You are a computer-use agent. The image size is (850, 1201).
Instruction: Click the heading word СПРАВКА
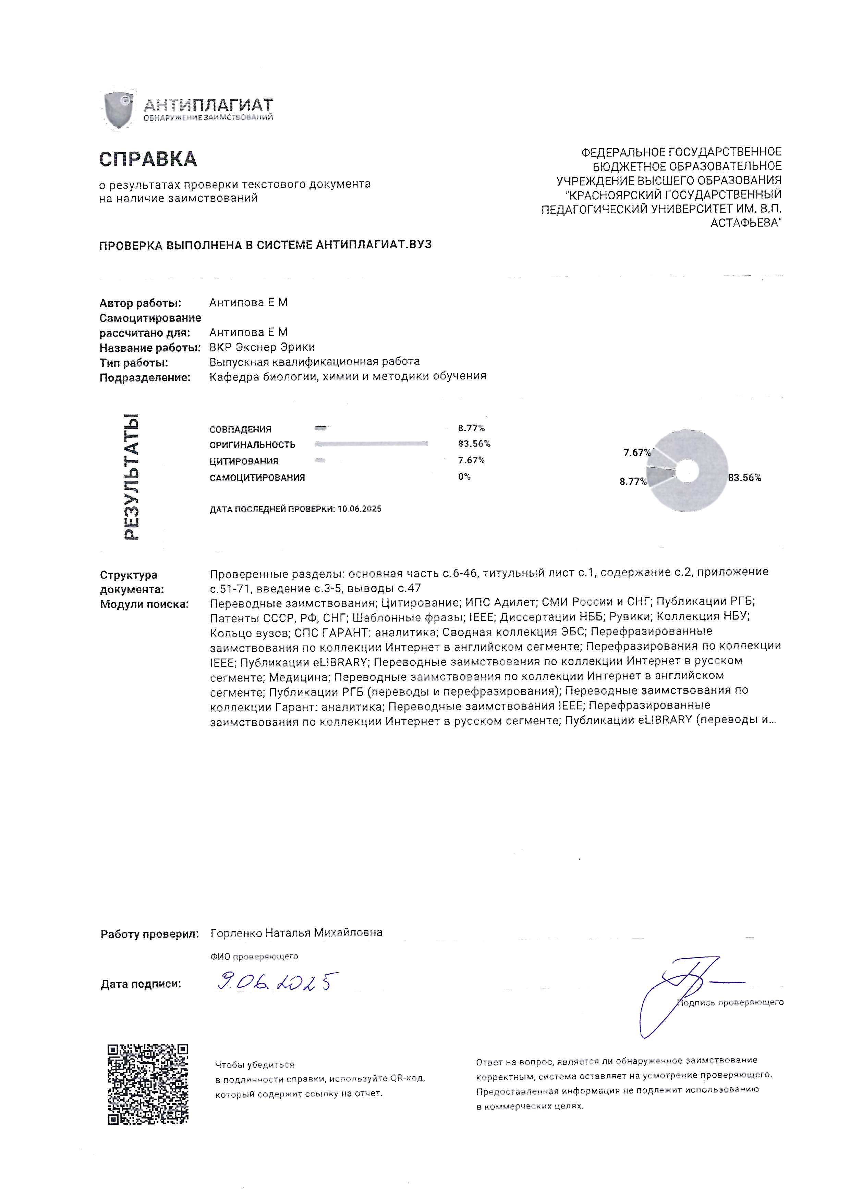coord(148,159)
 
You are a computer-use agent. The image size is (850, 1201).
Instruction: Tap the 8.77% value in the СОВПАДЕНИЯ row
coord(471,428)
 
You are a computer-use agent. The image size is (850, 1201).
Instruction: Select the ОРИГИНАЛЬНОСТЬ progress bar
coord(371,443)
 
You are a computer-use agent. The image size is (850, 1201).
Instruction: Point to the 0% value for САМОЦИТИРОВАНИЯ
coord(464,476)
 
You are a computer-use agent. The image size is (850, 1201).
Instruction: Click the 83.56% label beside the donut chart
coord(744,478)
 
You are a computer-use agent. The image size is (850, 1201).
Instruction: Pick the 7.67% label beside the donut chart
coord(636,452)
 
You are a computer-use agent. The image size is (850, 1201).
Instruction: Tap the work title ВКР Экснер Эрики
coord(262,347)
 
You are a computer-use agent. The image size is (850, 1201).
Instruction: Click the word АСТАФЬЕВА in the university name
coord(746,223)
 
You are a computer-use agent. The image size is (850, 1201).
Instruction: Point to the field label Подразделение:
coord(145,377)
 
